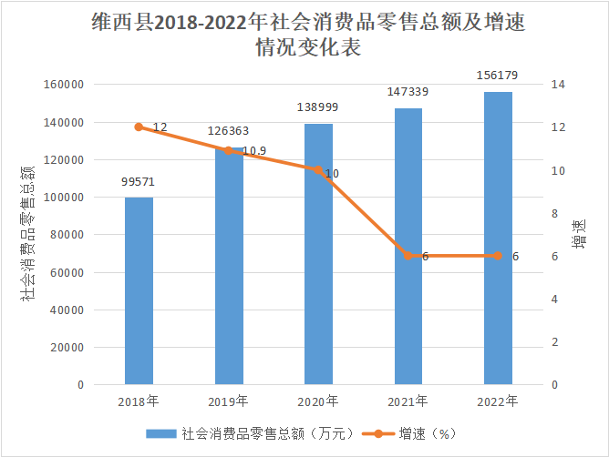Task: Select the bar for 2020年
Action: coord(318,255)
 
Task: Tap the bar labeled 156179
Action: coord(498,239)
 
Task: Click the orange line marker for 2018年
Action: coord(139,127)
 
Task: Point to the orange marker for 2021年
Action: coord(408,256)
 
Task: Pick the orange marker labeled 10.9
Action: coord(229,150)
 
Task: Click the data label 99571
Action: coord(139,182)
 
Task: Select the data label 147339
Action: coord(408,92)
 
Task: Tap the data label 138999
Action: coord(319,107)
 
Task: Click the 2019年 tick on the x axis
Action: coord(229,401)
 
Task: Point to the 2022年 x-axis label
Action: coord(498,401)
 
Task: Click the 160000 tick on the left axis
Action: coord(64,85)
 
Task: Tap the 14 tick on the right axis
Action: coord(557,85)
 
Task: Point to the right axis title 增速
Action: coord(581,233)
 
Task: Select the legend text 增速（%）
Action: coord(426,434)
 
